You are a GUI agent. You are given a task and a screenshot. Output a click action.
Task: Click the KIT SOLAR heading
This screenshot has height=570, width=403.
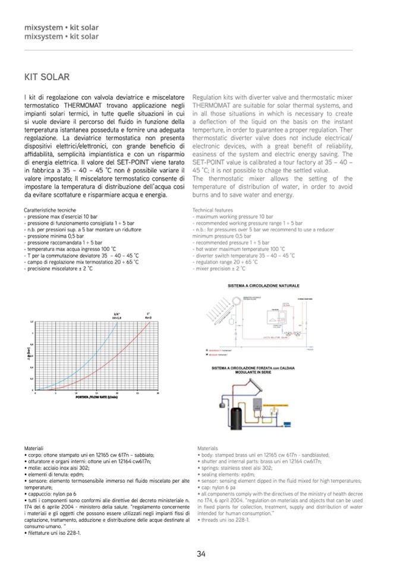[x=47, y=77]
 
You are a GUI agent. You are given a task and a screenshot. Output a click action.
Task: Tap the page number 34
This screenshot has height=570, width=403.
[x=201, y=554]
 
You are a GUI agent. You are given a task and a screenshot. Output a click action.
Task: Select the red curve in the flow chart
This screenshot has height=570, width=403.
[x=131, y=357]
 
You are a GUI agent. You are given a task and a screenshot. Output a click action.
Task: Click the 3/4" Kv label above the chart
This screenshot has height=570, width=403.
[x=117, y=316]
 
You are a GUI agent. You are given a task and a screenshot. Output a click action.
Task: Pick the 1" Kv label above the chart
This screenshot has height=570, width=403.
[x=149, y=316]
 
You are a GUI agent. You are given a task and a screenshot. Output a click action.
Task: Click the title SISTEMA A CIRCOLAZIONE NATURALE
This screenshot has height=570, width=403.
[x=263, y=285]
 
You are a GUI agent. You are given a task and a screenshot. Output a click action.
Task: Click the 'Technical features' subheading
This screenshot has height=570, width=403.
[x=213, y=211]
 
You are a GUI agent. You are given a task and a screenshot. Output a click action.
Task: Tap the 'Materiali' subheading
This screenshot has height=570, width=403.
[x=34, y=447]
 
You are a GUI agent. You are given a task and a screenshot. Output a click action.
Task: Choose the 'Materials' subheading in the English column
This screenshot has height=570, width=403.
[x=207, y=448]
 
